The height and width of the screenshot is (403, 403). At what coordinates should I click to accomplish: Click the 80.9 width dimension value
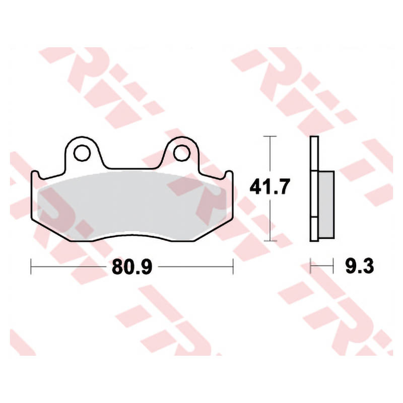[132, 267]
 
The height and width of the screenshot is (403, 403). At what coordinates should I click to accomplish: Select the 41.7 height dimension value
[270, 186]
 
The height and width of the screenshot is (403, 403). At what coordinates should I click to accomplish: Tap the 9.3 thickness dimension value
[359, 266]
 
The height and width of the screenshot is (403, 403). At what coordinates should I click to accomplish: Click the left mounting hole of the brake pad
[82, 153]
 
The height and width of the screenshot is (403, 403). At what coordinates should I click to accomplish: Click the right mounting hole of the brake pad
[182, 153]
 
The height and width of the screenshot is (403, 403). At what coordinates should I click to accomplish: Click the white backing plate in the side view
[314, 188]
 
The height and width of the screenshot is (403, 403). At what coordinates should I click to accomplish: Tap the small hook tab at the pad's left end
[35, 175]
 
